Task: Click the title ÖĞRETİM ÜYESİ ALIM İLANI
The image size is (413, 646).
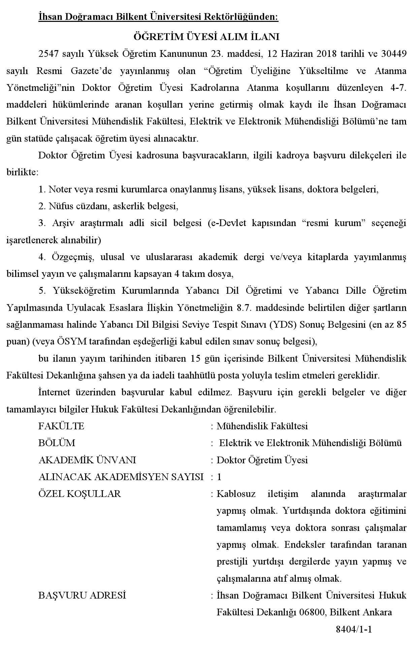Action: [x=206, y=36]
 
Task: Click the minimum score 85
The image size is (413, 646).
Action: [x=401, y=325]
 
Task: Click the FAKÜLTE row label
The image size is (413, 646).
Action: [x=61, y=426]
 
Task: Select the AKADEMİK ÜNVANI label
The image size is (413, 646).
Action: [x=87, y=460]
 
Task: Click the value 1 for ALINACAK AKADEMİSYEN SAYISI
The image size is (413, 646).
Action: [x=219, y=477]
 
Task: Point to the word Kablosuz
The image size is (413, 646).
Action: [x=236, y=494]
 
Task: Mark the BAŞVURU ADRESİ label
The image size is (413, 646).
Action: [x=82, y=596]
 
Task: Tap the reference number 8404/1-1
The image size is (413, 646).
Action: [x=354, y=630]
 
